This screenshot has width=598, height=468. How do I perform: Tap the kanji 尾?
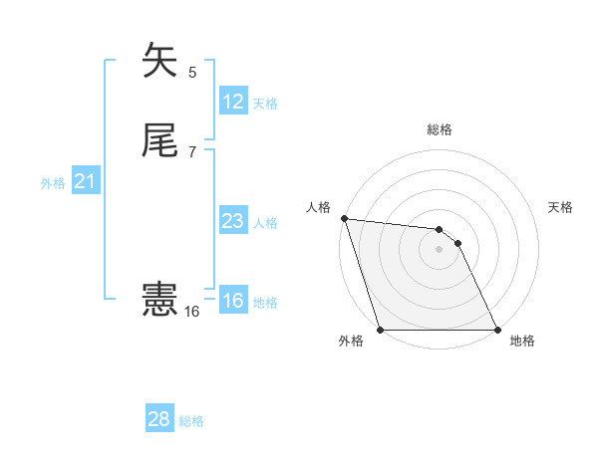tap(160, 142)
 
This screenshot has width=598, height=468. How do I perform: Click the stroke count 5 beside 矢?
tap(192, 72)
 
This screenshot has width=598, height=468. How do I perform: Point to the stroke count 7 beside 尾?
tap(192, 153)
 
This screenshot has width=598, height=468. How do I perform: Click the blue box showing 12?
tap(233, 102)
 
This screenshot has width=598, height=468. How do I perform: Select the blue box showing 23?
tap(233, 221)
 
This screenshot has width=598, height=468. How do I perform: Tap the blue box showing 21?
tap(86, 181)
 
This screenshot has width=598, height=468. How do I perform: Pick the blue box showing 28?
tap(159, 419)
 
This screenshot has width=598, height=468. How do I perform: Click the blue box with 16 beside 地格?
tap(233, 301)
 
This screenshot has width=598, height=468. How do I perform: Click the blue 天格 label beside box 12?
tap(265, 104)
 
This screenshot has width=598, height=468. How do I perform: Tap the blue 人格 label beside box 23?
tap(265, 223)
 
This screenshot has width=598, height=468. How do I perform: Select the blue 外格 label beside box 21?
tap(53, 183)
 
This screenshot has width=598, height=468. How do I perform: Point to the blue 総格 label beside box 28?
tap(191, 421)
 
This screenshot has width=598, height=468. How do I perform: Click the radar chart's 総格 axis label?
tap(440, 129)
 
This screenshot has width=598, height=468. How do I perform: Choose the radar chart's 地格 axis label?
tap(522, 341)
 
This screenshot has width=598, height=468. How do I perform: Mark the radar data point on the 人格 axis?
tap(344, 218)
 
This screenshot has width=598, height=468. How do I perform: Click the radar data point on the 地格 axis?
tap(497, 330)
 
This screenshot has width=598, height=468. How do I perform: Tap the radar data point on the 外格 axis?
tap(381, 330)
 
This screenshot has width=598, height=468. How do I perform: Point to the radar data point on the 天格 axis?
tap(458, 243)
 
